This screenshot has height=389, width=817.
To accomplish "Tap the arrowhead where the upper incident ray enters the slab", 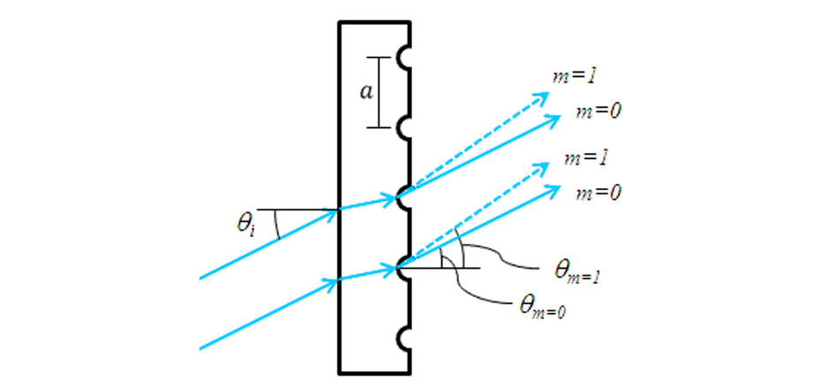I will (335, 210).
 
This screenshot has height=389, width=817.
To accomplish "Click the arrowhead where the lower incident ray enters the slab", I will (335, 283).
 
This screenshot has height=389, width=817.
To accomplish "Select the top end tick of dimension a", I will (378, 58).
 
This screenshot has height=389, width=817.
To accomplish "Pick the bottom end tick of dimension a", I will (378, 127).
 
